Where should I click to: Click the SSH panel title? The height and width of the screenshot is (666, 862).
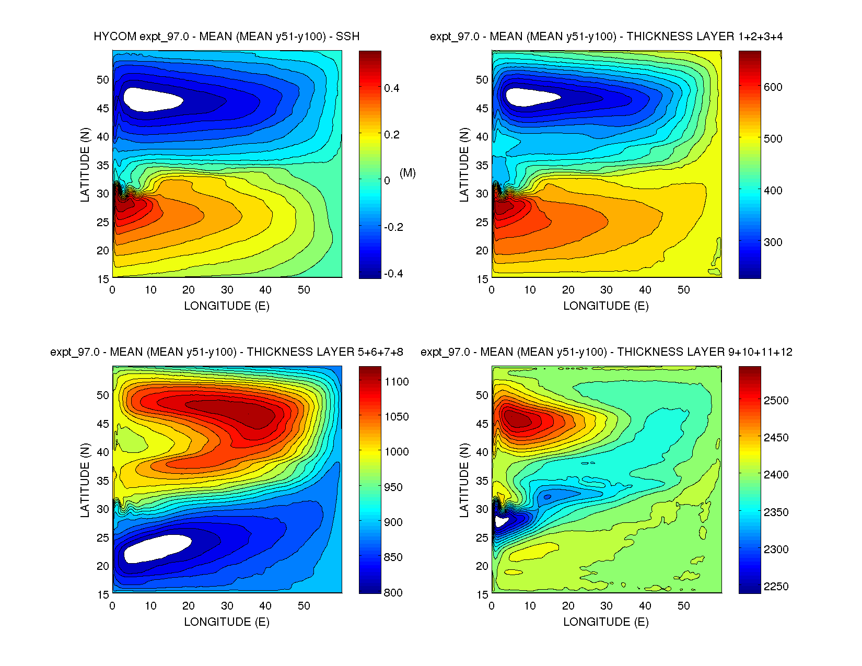[x=226, y=37]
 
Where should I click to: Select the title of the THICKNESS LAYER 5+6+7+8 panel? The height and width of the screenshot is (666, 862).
[x=226, y=352]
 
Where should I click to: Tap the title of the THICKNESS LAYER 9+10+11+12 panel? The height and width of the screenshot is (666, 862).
[x=606, y=352]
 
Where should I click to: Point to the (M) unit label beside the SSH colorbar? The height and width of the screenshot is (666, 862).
[x=407, y=173]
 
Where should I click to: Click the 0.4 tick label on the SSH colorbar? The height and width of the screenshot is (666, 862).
[x=391, y=88]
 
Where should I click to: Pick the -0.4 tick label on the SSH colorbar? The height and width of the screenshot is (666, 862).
[x=393, y=274]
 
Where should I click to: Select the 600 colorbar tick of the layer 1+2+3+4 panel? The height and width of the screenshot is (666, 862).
[x=773, y=87]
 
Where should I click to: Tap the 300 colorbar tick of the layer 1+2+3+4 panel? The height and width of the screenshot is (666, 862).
[x=773, y=242]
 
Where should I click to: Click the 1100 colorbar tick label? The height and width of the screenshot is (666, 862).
[x=397, y=382]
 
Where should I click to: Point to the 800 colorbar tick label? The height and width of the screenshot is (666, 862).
[x=393, y=592]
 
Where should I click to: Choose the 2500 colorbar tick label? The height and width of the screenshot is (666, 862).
[x=776, y=401]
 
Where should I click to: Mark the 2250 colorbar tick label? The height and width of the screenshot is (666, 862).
[x=776, y=587]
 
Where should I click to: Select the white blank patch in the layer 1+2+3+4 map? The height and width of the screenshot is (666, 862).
[x=530, y=97]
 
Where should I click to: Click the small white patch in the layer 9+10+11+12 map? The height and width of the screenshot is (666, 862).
[x=500, y=521]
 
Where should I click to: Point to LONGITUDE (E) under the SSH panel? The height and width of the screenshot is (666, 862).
[x=226, y=306]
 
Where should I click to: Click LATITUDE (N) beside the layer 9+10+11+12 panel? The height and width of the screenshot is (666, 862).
[x=464, y=481]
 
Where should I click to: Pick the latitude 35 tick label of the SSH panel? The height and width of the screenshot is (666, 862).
[x=103, y=166]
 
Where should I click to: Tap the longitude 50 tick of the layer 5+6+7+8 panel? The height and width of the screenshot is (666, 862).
[x=304, y=606]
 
